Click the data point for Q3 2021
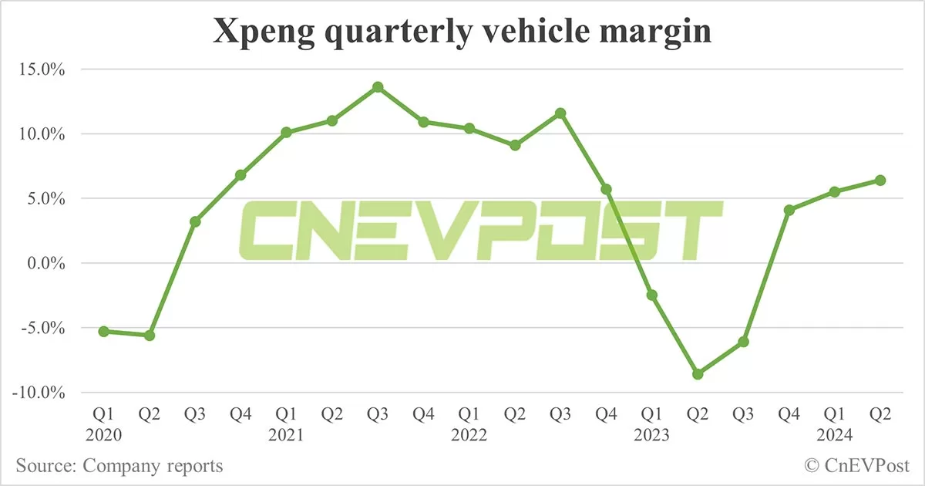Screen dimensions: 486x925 pyautogui.click(x=378, y=87)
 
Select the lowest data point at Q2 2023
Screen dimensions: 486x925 pyautogui.click(x=698, y=374)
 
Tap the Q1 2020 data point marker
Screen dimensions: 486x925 pyautogui.click(x=103, y=331)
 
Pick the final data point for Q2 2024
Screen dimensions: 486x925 pyautogui.click(x=880, y=181)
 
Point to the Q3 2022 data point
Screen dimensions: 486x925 pyautogui.click(x=560, y=113)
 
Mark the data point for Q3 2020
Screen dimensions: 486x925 pyautogui.click(x=195, y=221)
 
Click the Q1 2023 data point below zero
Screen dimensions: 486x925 pyautogui.click(x=652, y=295)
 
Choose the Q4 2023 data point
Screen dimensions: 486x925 pyautogui.click(x=789, y=210)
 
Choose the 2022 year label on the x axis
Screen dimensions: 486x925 pyautogui.click(x=469, y=436)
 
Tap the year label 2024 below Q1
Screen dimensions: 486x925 pyautogui.click(x=835, y=436)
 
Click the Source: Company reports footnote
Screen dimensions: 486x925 pyautogui.click(x=119, y=466)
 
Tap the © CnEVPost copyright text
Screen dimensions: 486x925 pyautogui.click(x=856, y=466)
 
